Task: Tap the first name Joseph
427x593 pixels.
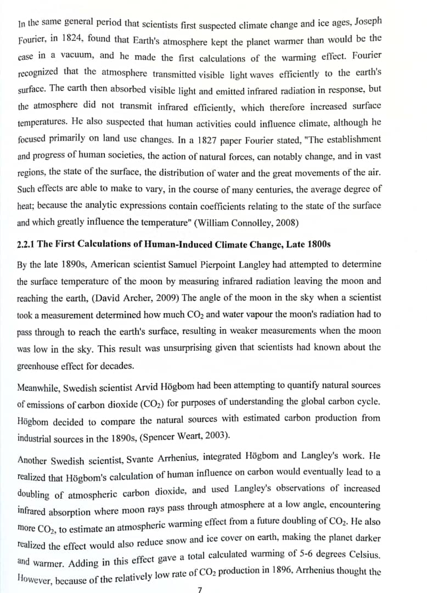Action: (x=368, y=22)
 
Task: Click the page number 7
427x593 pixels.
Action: (x=200, y=589)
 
